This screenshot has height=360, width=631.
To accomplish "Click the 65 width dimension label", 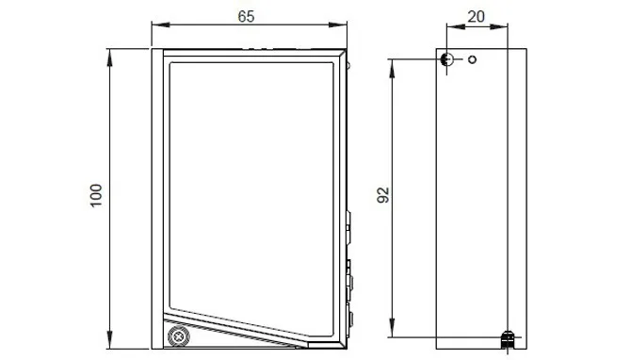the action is coord(246,17).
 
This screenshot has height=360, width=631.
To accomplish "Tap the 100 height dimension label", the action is coord(96,196).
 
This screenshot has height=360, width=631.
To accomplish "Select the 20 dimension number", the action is coord(476,17).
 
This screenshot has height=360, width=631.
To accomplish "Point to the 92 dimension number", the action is coord(384,195).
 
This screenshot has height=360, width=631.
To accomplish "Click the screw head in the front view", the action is coord(178,336).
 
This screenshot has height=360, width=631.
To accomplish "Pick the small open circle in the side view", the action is coord(472,59).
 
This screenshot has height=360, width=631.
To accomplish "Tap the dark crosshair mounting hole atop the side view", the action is coord(446,59).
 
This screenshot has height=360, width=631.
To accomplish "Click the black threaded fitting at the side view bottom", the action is coord(507,340).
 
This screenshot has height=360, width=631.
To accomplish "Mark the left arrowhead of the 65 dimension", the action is coord(160,25).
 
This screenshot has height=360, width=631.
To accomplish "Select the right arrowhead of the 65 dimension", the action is coord(338,25).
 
